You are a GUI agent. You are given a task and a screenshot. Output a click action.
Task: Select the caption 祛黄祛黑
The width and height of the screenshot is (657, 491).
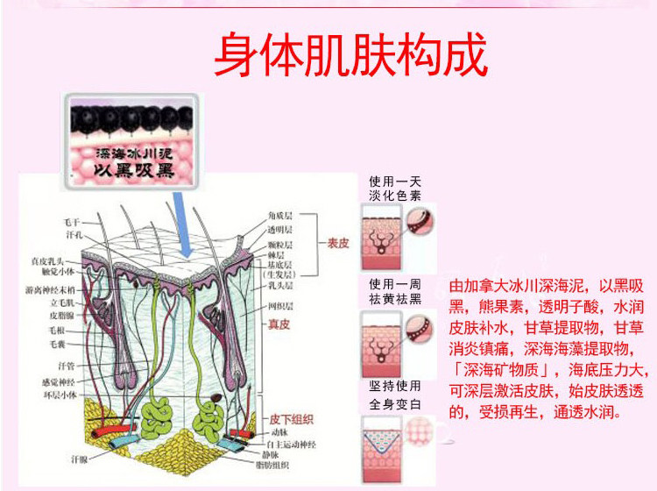[395, 300]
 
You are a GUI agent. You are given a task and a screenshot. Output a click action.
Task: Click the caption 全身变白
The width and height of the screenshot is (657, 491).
[395, 402]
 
